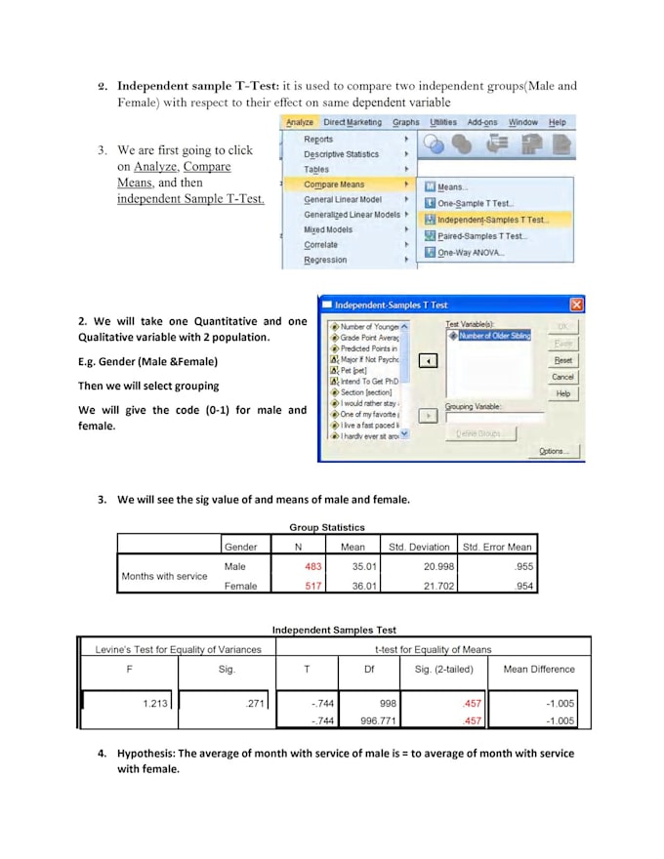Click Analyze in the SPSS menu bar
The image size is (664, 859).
[x=299, y=123]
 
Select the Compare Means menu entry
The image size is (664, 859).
[x=334, y=184]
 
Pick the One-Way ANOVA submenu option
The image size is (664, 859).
[x=471, y=252]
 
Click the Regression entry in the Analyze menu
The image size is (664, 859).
[x=325, y=261]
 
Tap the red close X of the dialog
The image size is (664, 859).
[x=577, y=305]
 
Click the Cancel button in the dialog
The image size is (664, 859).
[x=562, y=377]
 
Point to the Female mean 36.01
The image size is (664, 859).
[x=352, y=587]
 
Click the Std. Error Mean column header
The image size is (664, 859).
[x=497, y=547]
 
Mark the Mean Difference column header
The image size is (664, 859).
[x=539, y=670]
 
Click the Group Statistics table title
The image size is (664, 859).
[x=327, y=528]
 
